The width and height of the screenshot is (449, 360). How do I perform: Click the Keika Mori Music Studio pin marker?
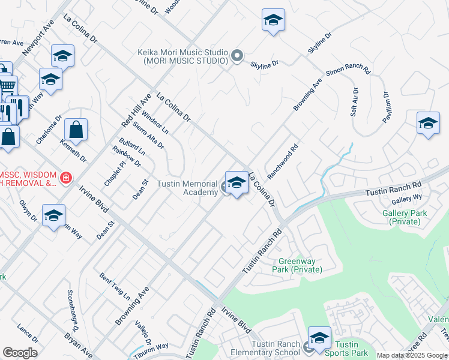tap(237, 57)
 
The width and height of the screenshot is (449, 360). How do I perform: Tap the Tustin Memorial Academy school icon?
tap(237, 183)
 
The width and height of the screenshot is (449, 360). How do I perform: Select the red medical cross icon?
tap(65, 178)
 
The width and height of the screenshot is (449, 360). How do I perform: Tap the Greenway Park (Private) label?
tap(300, 265)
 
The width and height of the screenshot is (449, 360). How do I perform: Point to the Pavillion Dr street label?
tap(387, 107)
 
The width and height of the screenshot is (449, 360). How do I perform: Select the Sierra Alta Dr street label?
tap(149, 136)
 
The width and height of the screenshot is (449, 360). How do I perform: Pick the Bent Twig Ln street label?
tap(115, 286)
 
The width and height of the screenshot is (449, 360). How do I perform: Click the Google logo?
tap(20, 353)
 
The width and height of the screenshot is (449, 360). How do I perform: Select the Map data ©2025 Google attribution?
tap(412, 355)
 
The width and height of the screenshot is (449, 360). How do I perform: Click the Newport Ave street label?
tap(38, 37)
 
